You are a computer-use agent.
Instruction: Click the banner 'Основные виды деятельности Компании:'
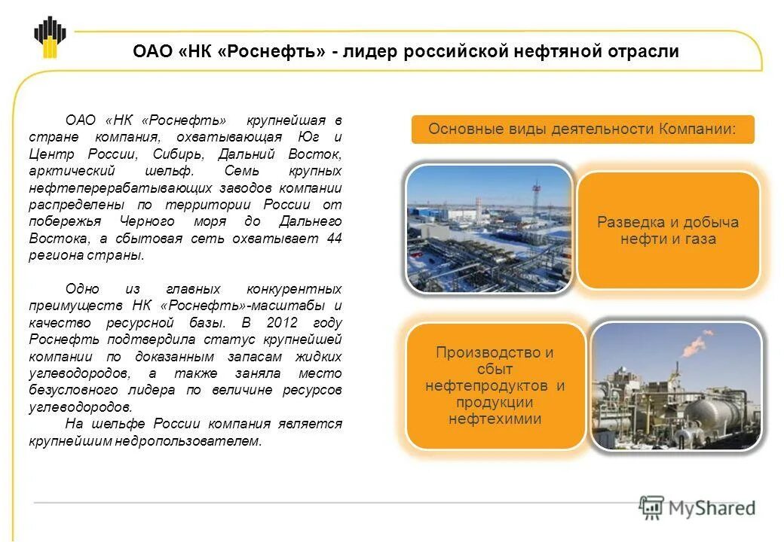click(582, 129)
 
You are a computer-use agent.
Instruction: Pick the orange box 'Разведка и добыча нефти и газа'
click(668, 230)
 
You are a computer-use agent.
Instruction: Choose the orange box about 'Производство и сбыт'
click(495, 385)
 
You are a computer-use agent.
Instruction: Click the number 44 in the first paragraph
click(334, 238)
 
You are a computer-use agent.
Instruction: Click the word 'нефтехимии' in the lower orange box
click(495, 419)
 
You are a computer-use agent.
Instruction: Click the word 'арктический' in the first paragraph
click(66, 171)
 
